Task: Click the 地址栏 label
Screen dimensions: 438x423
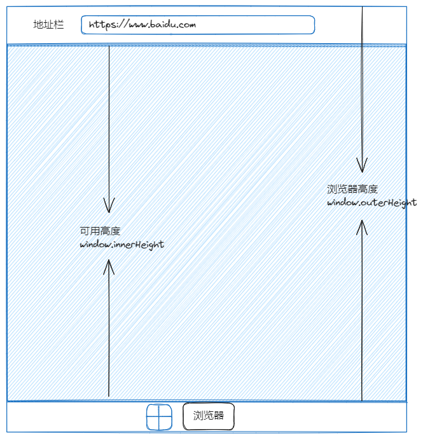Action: pyautogui.click(x=48, y=25)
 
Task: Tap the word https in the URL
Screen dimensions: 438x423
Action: pyautogui.click(x=102, y=25)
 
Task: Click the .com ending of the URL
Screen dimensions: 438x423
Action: pyautogui.click(x=186, y=25)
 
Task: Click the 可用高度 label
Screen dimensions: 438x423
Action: pyautogui.click(x=100, y=231)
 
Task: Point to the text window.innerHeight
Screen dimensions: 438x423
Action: pyautogui.click(x=121, y=245)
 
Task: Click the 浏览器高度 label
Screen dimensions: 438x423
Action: pyautogui.click(x=352, y=189)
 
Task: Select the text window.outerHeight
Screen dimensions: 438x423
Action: pyautogui.click(x=371, y=203)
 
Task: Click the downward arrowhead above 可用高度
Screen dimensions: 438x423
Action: pyautogui.click(x=109, y=205)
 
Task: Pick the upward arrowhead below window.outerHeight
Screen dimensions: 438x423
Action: pyautogui.click(x=362, y=227)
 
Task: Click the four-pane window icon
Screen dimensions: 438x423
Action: pyautogui.click(x=160, y=417)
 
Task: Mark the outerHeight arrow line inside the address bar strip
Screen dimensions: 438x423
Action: pyautogui.click(x=362, y=25)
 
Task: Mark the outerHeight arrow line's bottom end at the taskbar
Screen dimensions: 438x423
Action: pyautogui.click(x=362, y=399)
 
